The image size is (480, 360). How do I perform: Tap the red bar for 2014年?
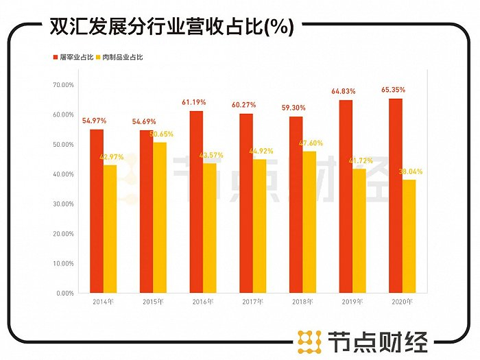[x=97, y=211]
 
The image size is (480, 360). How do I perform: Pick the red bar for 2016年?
[x=196, y=202]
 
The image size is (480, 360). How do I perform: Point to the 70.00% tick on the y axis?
[x=63, y=85]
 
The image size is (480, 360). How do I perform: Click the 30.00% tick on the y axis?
[x=63, y=204]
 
